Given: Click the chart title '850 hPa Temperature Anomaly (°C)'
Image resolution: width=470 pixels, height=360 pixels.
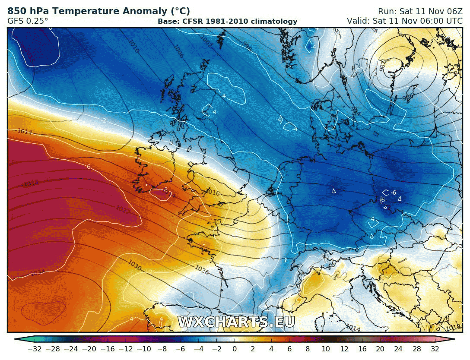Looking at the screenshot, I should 98,11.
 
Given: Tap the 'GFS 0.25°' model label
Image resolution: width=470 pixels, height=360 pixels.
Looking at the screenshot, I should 28,21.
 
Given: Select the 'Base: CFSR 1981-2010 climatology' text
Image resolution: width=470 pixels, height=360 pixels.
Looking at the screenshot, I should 227,21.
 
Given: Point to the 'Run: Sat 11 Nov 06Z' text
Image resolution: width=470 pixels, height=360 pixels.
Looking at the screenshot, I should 414,11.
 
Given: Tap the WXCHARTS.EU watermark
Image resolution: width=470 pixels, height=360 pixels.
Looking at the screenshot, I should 236,322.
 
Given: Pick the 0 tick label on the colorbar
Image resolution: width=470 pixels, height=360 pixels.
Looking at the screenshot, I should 235,349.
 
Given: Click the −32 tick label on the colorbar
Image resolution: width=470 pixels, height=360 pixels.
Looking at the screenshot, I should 34,349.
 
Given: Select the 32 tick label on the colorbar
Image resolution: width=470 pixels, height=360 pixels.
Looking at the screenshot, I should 435,349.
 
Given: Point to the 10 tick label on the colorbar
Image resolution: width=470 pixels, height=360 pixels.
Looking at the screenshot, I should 326,349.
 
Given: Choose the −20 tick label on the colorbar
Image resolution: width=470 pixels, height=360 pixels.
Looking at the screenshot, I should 89,349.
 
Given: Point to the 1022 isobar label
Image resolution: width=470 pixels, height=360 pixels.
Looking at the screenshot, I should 123,209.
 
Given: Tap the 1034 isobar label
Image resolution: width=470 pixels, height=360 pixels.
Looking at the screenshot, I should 38,272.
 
